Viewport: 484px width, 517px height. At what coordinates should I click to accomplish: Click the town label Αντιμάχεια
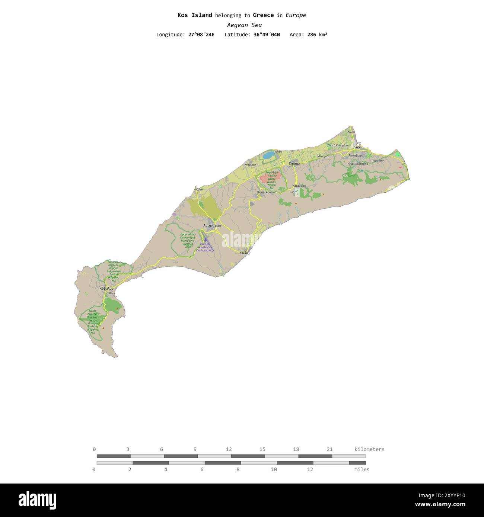(212, 225)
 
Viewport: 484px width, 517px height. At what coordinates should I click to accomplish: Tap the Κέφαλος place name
(106, 288)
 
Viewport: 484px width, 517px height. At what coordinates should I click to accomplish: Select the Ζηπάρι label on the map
(294, 163)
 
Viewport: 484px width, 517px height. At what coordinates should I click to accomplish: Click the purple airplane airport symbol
(205, 240)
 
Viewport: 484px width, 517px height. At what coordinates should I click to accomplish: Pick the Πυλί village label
(260, 192)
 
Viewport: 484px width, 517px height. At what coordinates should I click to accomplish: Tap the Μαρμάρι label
(251, 164)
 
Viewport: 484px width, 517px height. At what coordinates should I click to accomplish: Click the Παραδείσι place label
(378, 161)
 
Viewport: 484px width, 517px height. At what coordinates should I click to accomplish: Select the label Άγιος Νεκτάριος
(357, 164)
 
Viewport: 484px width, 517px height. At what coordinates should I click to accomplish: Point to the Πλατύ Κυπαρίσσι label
(338, 145)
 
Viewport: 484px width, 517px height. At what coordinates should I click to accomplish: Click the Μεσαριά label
(323, 157)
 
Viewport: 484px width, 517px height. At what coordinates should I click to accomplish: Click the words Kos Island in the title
(195, 15)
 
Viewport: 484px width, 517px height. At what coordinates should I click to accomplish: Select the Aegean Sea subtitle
(244, 25)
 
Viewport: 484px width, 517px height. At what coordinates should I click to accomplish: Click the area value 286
(312, 35)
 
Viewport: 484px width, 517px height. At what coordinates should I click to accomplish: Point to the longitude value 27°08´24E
(201, 35)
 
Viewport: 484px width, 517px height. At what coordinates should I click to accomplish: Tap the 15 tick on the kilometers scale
(262, 449)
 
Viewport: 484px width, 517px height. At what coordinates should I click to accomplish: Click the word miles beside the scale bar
(362, 469)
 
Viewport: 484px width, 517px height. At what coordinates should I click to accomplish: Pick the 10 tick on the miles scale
(274, 469)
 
